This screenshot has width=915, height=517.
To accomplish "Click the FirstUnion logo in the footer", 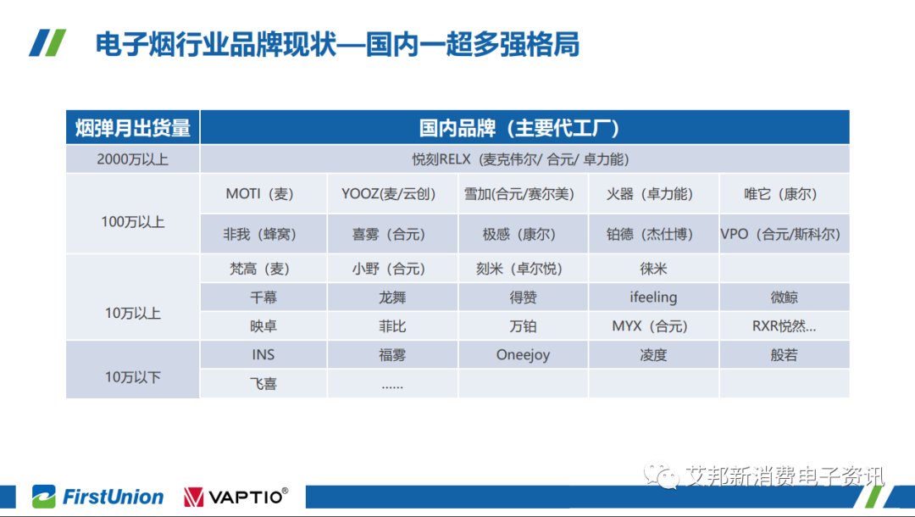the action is click(x=98, y=497).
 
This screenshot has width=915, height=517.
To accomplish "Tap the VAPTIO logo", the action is click(x=236, y=497).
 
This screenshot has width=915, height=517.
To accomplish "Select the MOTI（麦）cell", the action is click(x=260, y=194).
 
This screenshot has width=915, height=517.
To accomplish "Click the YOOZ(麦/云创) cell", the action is click(x=389, y=194).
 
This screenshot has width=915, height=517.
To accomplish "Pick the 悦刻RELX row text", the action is click(x=520, y=159).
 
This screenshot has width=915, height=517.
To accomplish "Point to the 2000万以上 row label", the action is click(x=132, y=159).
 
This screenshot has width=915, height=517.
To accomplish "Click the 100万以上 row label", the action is click(x=132, y=222).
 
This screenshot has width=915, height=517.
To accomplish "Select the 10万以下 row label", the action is click(x=132, y=377).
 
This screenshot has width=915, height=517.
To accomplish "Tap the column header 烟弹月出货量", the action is click(x=132, y=128).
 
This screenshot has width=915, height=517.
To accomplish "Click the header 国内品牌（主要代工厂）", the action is click(x=519, y=128).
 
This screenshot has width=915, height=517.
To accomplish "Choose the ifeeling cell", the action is click(x=653, y=297).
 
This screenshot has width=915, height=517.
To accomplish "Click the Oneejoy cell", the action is click(x=523, y=355).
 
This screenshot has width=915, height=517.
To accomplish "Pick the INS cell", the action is click(x=263, y=355).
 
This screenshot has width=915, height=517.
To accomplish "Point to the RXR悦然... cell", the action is click(x=784, y=326).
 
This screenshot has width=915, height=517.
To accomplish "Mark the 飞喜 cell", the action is click(x=263, y=383).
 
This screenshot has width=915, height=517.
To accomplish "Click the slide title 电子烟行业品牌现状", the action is click(x=216, y=44).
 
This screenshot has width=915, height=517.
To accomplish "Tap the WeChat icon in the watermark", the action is click(x=662, y=475).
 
